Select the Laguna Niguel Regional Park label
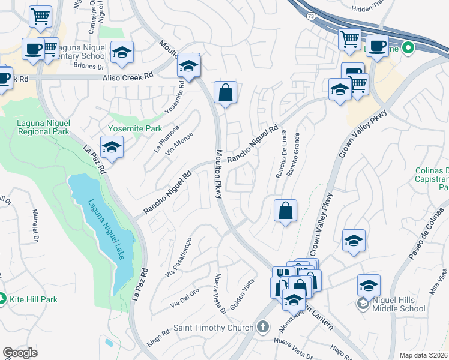[35, 127]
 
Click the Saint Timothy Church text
[213, 328]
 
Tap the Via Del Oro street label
[184, 296]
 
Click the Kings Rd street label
[157, 337]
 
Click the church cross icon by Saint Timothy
[261, 328]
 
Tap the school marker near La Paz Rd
[111, 146]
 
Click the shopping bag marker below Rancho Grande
[286, 211]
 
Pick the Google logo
[20, 353]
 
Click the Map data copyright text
[423, 355]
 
